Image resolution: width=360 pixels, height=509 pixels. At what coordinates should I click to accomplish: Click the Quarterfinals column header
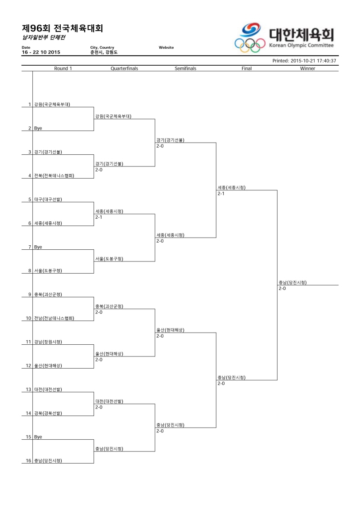[x=124, y=68]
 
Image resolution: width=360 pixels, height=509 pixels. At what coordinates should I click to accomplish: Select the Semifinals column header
[x=185, y=68]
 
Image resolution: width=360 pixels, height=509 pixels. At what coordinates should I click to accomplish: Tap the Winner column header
[x=307, y=68]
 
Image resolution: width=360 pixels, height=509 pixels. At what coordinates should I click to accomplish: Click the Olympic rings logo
[x=250, y=45]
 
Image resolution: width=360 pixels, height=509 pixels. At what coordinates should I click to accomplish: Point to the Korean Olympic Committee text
[x=301, y=45]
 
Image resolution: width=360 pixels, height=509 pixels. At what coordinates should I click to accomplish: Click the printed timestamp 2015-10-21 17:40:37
[x=313, y=61]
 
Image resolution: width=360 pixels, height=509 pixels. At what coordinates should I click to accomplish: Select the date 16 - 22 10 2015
[x=41, y=52]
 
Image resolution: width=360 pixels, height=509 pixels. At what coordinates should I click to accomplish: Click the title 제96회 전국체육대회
[x=63, y=28]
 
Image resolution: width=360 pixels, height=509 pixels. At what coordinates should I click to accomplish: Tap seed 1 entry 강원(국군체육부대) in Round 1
[x=52, y=104]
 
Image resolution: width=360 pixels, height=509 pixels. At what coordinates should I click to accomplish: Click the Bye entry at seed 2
[x=38, y=128]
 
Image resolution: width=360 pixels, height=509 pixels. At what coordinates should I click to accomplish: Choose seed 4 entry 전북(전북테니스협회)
[x=54, y=176]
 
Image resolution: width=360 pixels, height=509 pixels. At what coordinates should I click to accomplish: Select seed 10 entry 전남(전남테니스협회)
[x=54, y=318]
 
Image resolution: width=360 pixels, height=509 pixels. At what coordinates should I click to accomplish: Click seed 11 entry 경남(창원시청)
[x=48, y=342]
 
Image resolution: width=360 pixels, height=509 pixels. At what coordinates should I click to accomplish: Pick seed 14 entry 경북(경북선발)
[x=48, y=413]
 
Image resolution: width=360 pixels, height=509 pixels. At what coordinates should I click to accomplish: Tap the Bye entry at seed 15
[x=38, y=437]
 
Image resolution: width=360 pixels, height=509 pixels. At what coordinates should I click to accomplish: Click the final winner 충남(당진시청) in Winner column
[x=292, y=283]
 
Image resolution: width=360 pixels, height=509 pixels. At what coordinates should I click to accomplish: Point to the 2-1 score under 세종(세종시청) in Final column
[x=221, y=194]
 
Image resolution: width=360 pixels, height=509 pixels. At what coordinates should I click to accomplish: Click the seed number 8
[x=30, y=271]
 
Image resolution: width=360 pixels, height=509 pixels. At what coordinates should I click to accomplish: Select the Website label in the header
[x=166, y=47]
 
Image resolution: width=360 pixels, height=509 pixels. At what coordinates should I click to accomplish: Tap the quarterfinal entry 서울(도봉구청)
[x=109, y=259]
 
